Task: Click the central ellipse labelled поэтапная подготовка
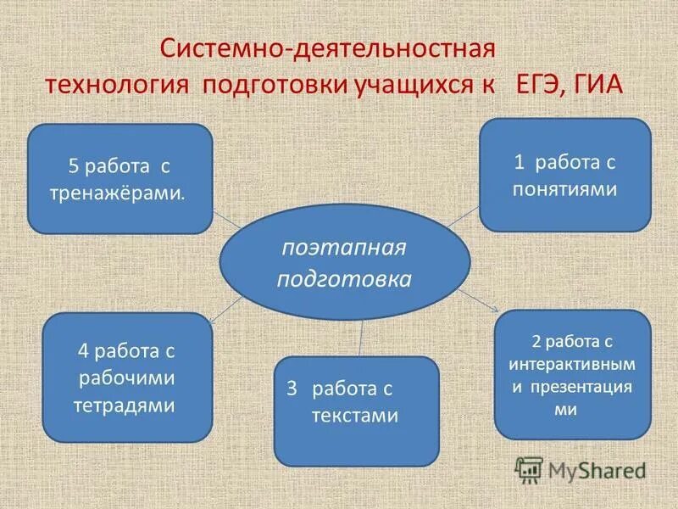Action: pyautogui.click(x=344, y=262)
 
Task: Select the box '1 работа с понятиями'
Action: pyautogui.click(x=564, y=175)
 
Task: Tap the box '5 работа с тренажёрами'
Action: pyautogui.click(x=119, y=179)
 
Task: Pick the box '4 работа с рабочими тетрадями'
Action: pyautogui.click(x=126, y=378)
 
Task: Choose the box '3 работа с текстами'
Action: pyautogui.click(x=356, y=411)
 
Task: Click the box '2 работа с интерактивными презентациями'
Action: pyautogui.click(x=572, y=374)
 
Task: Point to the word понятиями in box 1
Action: pyautogui.click(x=564, y=188)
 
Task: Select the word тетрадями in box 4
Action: pyautogui.click(x=126, y=406)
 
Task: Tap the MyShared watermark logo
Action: pyautogui.click(x=581, y=469)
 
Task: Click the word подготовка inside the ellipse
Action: pyautogui.click(x=344, y=278)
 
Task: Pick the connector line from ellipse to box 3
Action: pyautogui.click(x=362, y=338)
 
